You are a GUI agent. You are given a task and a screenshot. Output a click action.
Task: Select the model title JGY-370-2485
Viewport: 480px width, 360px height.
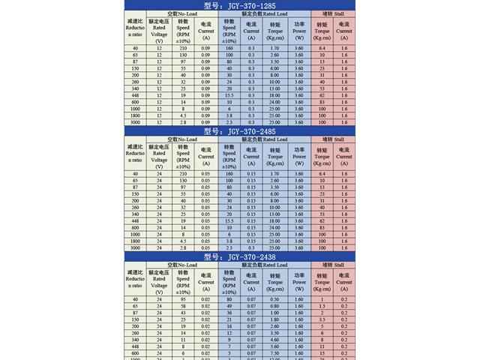point(239,130)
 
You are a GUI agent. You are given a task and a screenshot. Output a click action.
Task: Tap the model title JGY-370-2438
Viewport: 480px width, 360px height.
point(239,256)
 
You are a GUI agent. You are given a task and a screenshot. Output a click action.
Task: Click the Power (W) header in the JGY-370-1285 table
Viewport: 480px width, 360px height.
point(299,29)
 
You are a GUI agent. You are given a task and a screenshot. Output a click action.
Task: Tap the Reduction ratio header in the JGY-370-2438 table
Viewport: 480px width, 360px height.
point(134,279)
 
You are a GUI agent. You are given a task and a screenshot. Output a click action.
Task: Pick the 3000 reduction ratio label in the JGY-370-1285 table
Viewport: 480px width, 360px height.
point(134,122)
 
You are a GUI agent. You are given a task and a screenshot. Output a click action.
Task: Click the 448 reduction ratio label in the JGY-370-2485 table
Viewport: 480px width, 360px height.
point(134,221)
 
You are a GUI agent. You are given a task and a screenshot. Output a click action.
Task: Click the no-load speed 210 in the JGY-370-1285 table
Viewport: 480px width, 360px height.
point(183,48)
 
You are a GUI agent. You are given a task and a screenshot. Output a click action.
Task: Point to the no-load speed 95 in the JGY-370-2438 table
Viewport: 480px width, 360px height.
point(183,299)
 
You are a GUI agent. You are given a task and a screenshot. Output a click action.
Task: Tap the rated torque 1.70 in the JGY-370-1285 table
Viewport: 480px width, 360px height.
point(275,48)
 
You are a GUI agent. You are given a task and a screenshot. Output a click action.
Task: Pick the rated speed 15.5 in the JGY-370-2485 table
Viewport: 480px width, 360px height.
point(229,221)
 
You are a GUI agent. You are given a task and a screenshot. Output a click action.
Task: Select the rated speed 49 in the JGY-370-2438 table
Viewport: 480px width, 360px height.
point(229,306)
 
